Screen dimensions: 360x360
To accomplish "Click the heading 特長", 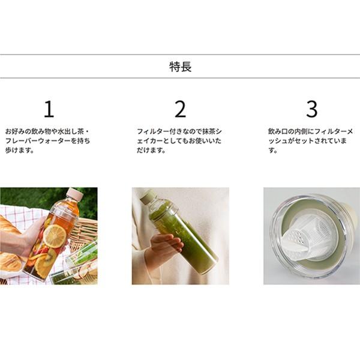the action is click(180, 67).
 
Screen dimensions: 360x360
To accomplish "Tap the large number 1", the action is click(49, 109).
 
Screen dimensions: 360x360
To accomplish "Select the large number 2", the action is click(180, 109).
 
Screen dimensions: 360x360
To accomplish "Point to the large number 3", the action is click(312, 109).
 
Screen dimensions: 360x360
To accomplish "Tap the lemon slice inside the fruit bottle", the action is click(55, 236).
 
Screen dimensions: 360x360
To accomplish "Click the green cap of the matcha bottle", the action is click(147, 196).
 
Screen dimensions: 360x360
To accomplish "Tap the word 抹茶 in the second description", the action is click(209, 131).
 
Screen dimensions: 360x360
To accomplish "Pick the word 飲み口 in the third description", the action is click(278, 131).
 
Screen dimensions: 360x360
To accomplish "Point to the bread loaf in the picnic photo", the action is click(11, 227).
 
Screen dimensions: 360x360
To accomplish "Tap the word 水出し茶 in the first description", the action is click(70, 131).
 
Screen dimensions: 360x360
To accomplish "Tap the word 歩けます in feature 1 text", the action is click(17, 151).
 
